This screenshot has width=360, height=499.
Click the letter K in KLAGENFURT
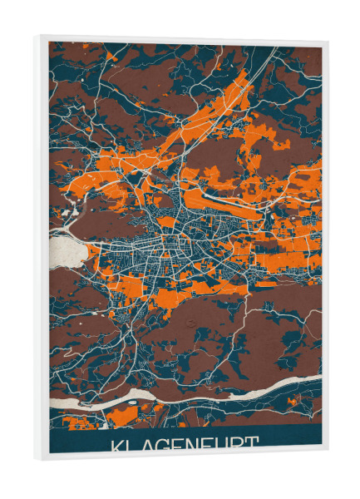click(x=117, y=445)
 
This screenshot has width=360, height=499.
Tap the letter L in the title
click(x=133, y=445)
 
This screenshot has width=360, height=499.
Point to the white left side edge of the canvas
click(x=41, y=249)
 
